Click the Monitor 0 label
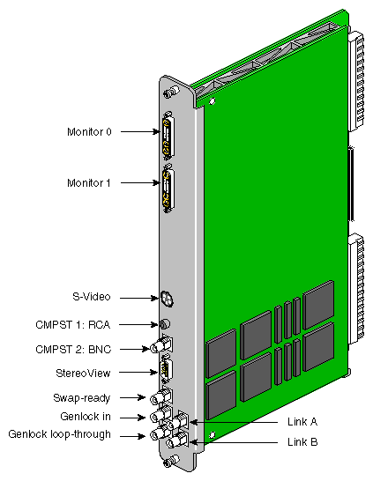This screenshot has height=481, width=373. pos(89,132)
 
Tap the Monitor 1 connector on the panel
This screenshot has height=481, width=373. pos(168,189)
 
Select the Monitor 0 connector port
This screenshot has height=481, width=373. pos(168,136)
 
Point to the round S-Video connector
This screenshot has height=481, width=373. pos(167,298)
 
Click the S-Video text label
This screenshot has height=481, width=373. pos(91,297)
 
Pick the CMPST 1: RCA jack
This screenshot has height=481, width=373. pos(165,324)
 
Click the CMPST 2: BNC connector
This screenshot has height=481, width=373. pos(161,344)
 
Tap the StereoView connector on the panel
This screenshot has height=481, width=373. pos(166,370)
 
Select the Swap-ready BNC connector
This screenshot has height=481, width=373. pos(161,396)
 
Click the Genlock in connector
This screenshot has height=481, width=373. pos(160,414)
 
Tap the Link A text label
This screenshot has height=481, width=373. pos(302,422)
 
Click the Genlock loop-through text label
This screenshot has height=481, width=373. pos(60,434)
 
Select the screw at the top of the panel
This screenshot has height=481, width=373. pos(171,92)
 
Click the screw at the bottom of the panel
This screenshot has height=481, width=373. pos(171,461)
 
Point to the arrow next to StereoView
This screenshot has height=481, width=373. pos(138,373)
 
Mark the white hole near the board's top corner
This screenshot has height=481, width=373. pos(212,100)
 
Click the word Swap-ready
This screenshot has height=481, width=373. pos(82,398)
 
